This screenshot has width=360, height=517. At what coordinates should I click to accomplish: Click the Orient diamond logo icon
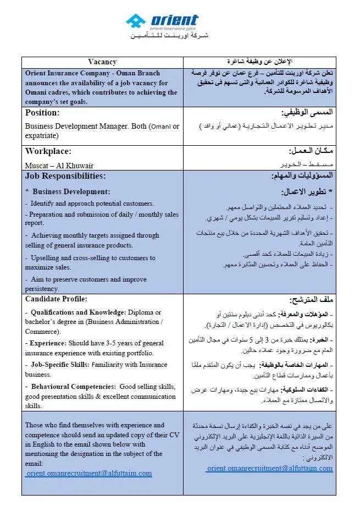click(x=135, y=22)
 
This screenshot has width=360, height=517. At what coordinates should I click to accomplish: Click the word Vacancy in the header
click(x=102, y=62)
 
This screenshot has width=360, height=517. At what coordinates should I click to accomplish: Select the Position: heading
click(x=42, y=113)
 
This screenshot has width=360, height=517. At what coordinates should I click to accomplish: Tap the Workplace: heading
click(x=48, y=151)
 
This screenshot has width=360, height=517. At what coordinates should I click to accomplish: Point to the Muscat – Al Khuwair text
click(x=59, y=165)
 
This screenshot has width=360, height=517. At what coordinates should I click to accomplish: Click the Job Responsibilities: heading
click(x=65, y=177)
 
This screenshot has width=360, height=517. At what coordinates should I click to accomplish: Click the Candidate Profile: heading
click(x=56, y=299)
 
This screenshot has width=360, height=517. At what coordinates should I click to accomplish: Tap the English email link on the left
click(x=88, y=473)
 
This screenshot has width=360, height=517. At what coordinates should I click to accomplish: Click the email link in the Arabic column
click(x=269, y=469)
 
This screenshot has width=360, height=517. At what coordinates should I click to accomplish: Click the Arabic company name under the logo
click(x=169, y=36)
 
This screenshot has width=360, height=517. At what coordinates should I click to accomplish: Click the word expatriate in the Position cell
click(x=42, y=135)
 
